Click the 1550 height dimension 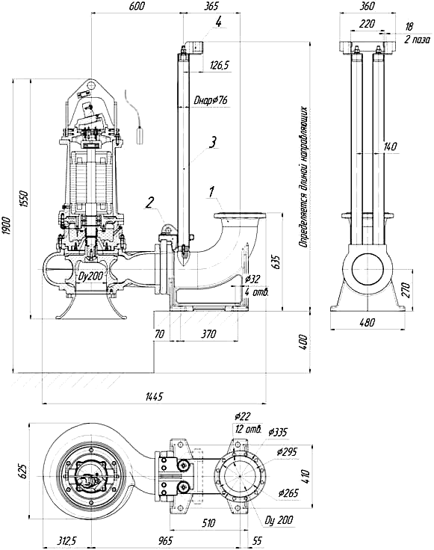click(x=25, y=199)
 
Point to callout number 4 click(x=218, y=22)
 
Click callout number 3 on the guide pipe click(x=212, y=142)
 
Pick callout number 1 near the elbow click(x=211, y=192)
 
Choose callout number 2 click(x=149, y=203)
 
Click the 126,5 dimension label click(x=219, y=65)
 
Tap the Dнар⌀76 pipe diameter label click(x=211, y=101)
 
